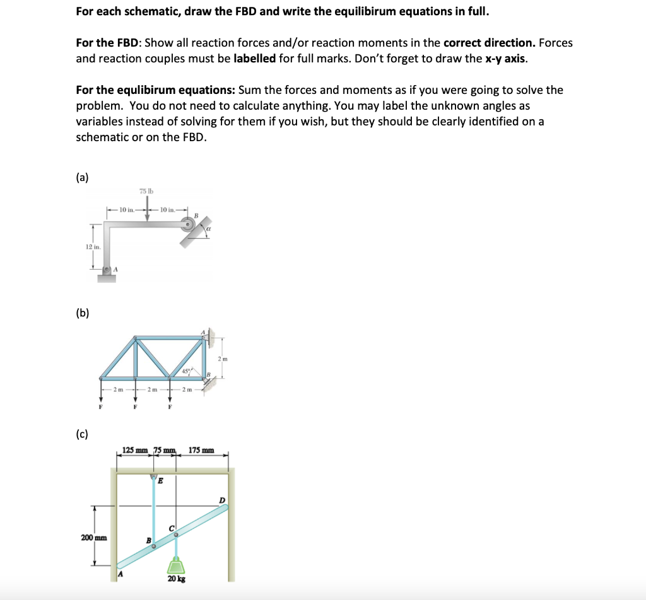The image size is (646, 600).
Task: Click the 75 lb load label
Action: coord(147,191)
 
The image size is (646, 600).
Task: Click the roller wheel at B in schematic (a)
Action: coord(189,224)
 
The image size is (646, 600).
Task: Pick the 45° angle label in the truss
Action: coord(187,371)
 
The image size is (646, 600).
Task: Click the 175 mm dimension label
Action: coord(201,451)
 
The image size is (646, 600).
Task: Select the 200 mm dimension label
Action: coord(93,538)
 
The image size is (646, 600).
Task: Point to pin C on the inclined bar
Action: coord(176,534)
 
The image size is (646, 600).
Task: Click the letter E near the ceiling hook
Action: coord(160,481)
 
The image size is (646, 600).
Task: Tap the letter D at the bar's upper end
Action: coord(221,500)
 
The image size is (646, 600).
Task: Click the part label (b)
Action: coord(82,313)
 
